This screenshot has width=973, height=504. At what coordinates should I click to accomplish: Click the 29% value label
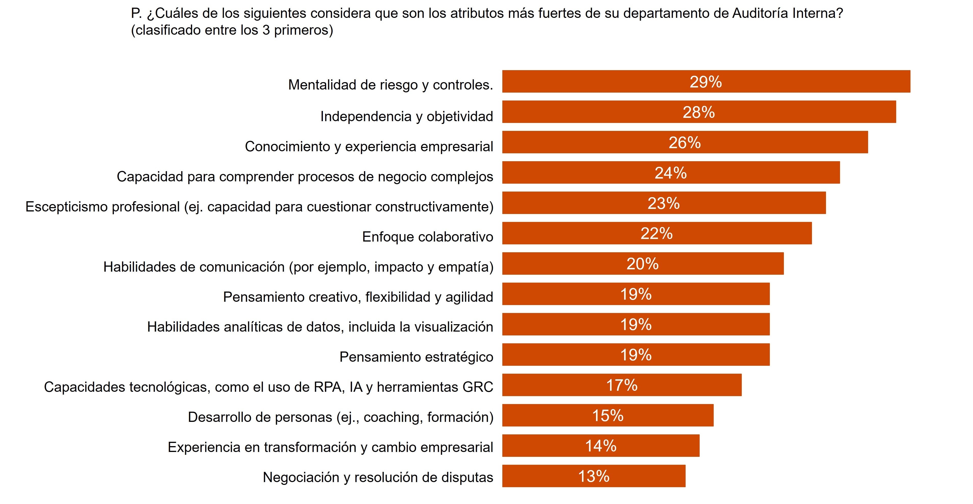pyautogui.click(x=705, y=82)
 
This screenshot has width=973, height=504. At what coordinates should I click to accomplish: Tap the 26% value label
pyautogui.click(x=684, y=143)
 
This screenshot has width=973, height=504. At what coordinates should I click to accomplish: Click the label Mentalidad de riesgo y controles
pyautogui.click(x=390, y=85)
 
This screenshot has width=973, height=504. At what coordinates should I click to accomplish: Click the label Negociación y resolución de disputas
pyautogui.click(x=378, y=477)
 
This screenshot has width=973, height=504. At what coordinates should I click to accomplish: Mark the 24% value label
pyautogui.click(x=671, y=173)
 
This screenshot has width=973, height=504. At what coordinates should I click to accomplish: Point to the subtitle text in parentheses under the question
pyautogui.click(x=232, y=30)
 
